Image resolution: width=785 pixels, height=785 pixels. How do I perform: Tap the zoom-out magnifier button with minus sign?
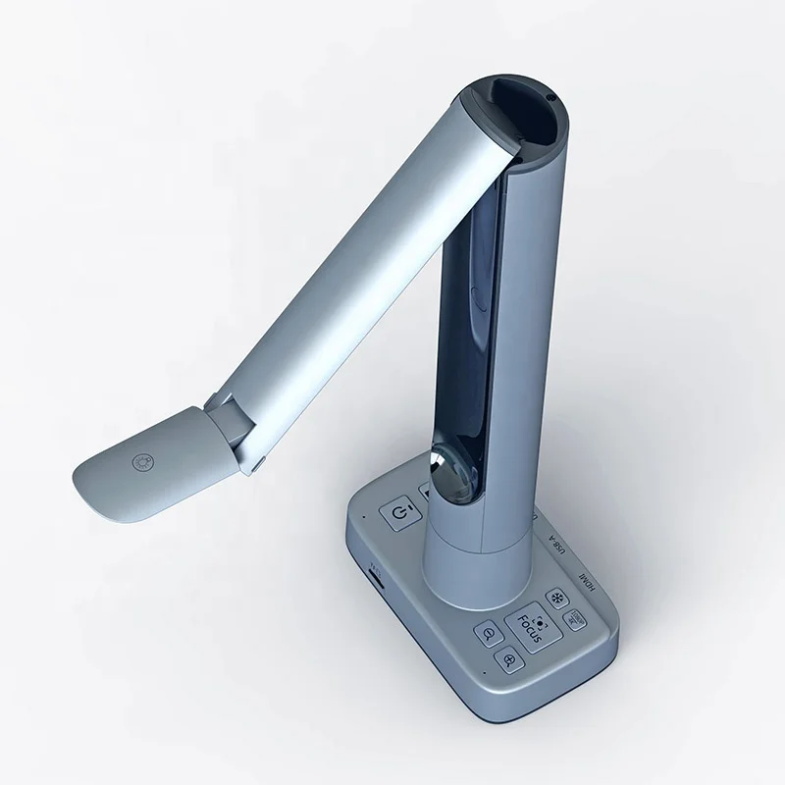[x=488, y=635]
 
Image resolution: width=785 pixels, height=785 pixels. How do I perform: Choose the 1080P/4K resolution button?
[x=576, y=620]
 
